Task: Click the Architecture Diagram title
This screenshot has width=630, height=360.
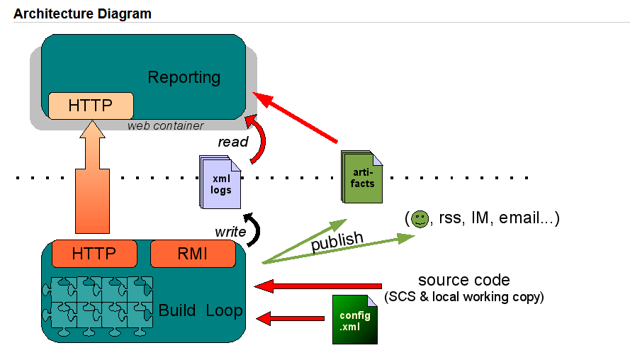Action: point(82,13)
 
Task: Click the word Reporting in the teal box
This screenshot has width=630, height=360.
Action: point(184,77)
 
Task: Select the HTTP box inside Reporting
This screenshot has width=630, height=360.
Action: point(91,106)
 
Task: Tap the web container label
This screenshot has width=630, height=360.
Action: point(166,125)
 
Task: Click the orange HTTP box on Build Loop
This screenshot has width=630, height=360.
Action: point(94,254)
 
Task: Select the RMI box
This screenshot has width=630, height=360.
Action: point(193,254)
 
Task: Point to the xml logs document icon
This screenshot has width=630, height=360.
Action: point(220,182)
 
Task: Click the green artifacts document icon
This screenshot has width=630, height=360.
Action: point(361,176)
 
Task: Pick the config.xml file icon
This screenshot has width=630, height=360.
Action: point(355,320)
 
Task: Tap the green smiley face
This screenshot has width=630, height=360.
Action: point(420,219)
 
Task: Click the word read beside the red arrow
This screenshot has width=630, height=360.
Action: point(233,142)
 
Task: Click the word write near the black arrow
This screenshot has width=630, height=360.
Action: point(230,232)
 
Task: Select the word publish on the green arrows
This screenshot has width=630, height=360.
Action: point(337,241)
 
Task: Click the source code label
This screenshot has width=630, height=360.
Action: point(464,280)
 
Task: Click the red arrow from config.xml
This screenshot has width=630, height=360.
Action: point(291,319)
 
